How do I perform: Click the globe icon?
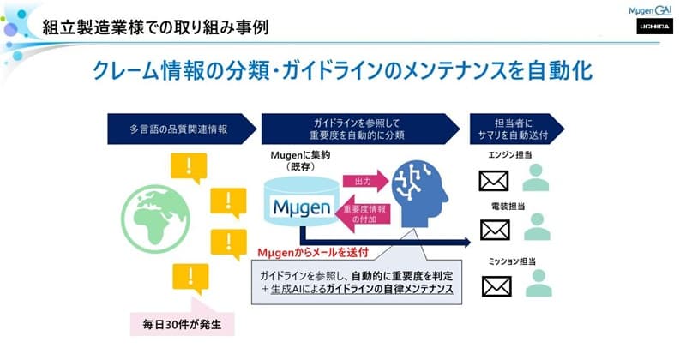tap(158, 219)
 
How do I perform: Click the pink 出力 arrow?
tap(364, 181)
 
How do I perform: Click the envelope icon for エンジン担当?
tap(495, 181)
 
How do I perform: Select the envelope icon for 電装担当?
tap(495, 229)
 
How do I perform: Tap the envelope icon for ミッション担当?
tap(495, 285)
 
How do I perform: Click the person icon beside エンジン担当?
tap(536, 178)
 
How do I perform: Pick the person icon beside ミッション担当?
tap(536, 283)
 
